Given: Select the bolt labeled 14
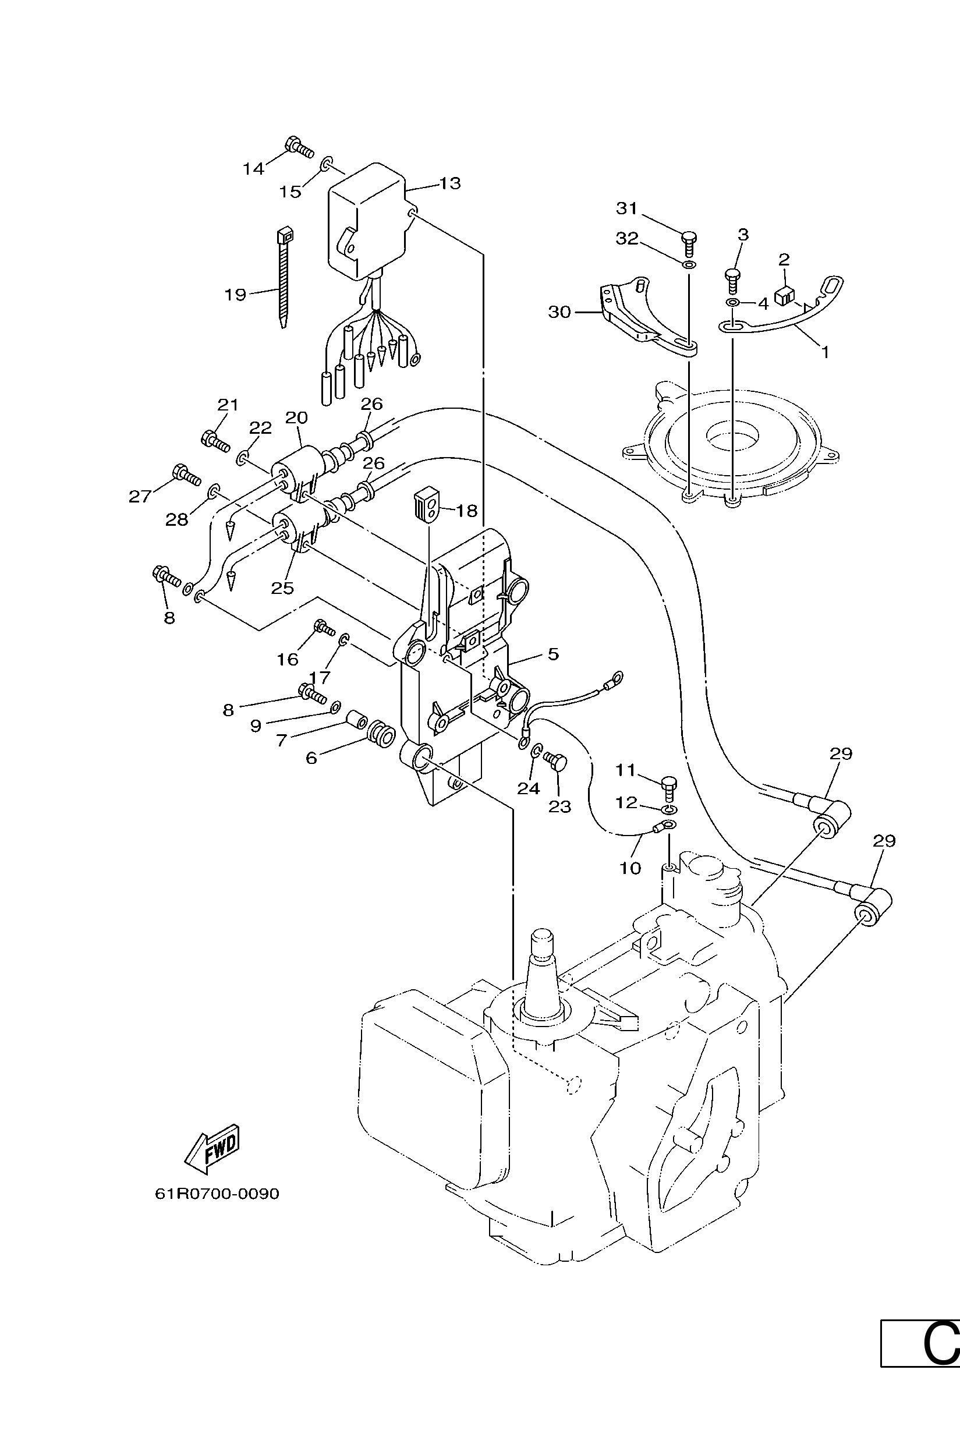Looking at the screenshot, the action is [299, 146].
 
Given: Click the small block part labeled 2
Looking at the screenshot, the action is [784, 296].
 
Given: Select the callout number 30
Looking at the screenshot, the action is [559, 312].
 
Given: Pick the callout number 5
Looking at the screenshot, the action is [553, 653].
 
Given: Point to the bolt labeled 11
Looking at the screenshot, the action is [671, 788].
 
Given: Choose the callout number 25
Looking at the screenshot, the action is [282, 587].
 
